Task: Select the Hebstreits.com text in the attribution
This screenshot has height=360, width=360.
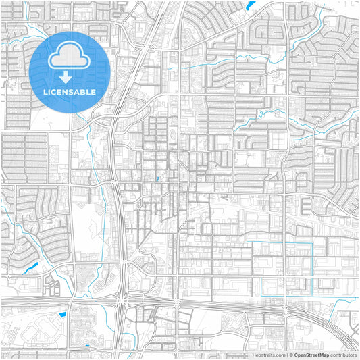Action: point(268,355)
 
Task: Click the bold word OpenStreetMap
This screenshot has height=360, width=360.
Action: point(311,355)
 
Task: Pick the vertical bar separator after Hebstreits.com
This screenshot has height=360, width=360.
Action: point(286,355)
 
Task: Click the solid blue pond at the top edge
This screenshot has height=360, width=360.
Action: point(251,5)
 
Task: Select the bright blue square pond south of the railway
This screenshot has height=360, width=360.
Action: point(63,313)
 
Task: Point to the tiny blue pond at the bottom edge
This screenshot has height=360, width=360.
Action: point(87,347)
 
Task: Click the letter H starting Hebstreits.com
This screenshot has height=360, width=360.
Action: point(255,355)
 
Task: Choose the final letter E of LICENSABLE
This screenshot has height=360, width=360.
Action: point(94,92)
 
